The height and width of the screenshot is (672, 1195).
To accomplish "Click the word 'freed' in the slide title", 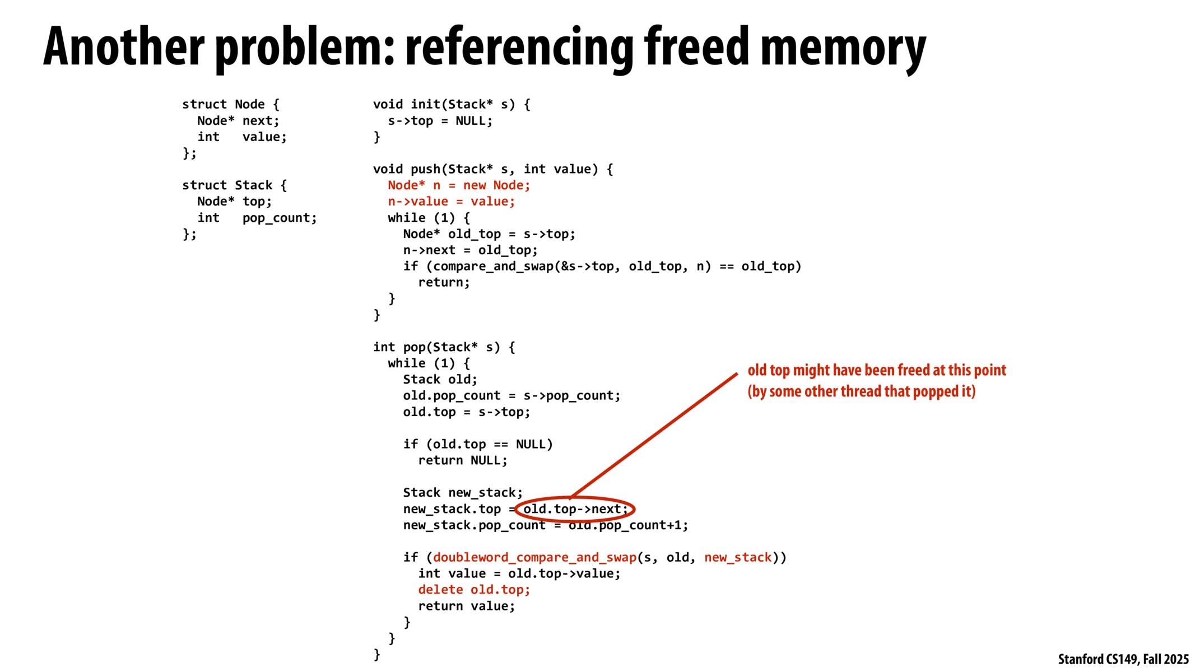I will pos(696,47).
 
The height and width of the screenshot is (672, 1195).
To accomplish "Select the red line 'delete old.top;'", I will pos(473,590).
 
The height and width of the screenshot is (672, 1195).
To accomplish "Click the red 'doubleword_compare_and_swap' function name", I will pos(534,557).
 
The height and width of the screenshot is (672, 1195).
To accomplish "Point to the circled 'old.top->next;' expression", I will pos(575,509).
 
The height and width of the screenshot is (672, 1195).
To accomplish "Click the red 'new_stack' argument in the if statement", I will pos(738,557).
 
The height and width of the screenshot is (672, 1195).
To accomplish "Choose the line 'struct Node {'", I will pos(230,104).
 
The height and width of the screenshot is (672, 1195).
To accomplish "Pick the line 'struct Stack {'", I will pos(234,185).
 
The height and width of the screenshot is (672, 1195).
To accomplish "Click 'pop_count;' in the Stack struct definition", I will pos(280,218).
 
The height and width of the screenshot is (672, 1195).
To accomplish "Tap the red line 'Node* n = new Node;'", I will pos(458,185).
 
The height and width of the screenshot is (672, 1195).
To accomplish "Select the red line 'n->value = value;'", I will pos(451,202).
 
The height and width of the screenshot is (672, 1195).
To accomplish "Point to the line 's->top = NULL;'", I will pos(440,121).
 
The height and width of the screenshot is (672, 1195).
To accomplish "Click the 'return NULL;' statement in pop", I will pos(462,460).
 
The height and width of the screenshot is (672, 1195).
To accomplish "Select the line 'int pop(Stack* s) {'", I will pos(444,347).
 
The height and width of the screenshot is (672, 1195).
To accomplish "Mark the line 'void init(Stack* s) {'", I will pos(451,104).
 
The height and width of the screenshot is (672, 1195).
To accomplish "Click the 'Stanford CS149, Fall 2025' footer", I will pos(1123,659).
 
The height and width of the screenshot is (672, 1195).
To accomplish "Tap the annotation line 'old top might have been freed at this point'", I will pos(876,370).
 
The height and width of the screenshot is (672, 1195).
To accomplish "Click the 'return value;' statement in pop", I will pos(466,606).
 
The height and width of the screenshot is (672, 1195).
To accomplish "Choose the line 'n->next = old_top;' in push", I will pos(470,250).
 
